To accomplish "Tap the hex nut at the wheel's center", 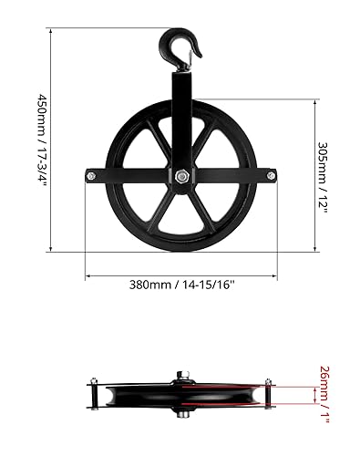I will pyautogui.click(x=180, y=176).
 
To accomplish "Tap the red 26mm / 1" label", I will pyautogui.click(x=324, y=390).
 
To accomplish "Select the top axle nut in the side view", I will pyautogui.click(x=180, y=374).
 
